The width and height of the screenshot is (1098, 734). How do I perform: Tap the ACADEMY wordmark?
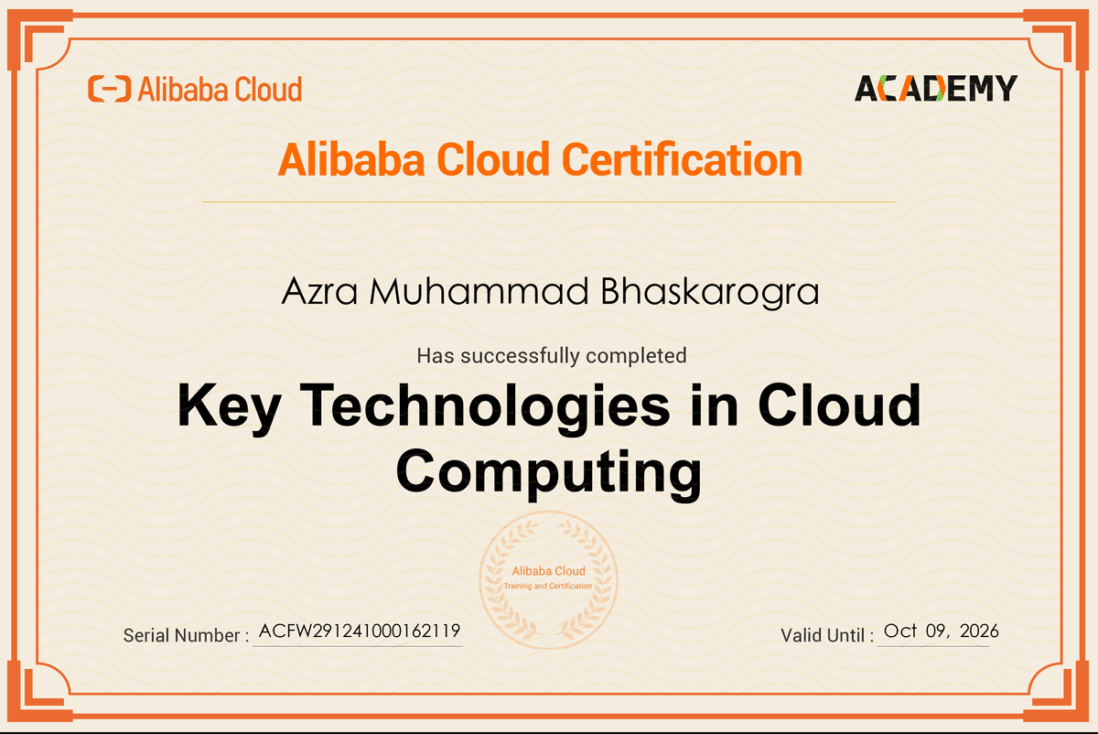point(935,88)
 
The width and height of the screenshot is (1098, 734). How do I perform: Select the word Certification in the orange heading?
point(682,159)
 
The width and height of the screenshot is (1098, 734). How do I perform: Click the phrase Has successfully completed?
point(551,355)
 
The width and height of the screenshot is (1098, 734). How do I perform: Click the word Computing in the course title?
point(548,472)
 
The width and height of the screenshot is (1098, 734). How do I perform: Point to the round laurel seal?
point(548,578)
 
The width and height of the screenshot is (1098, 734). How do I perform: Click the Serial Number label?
point(186,635)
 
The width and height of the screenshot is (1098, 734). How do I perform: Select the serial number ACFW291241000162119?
point(359,631)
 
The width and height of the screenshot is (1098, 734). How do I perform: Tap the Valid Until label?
point(827,635)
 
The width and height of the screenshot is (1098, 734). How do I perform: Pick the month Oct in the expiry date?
point(900,631)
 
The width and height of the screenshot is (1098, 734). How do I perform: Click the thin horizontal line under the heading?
point(548,201)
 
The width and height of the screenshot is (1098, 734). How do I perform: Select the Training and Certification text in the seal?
point(548,586)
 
